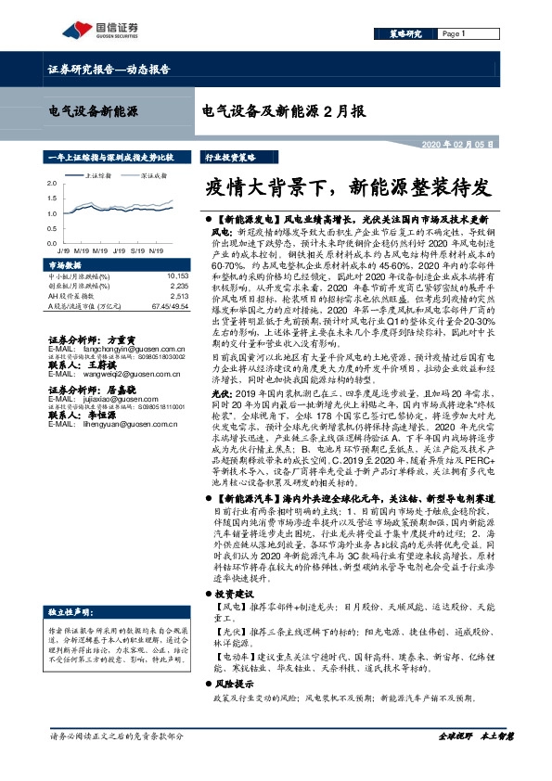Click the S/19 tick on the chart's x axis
point(136,250)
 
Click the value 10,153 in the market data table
point(177,276)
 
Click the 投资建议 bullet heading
point(233,594)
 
